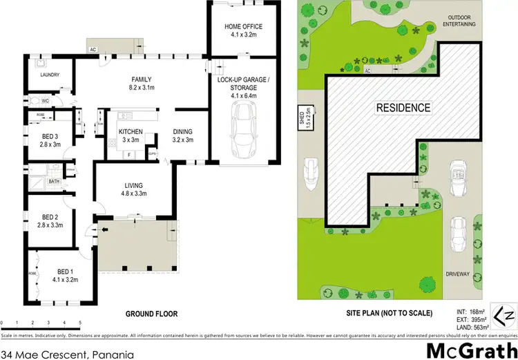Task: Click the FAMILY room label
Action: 141,79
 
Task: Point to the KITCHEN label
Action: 131,131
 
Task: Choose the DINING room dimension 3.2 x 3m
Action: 182,140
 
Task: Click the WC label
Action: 44,101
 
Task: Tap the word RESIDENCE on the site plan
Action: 403,108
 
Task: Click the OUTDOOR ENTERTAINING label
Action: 462,20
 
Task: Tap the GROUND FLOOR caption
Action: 148,313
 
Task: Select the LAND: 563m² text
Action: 474,327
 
